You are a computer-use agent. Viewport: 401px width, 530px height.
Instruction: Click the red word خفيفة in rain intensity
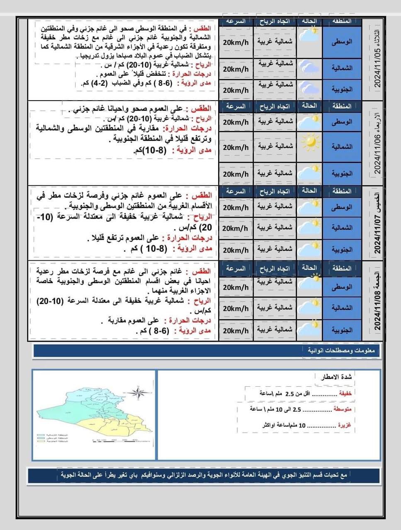[345, 393]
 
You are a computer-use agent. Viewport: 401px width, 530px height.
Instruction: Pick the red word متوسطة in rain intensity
[342, 409]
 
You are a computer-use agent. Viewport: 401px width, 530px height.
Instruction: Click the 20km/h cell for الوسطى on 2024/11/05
[236, 43]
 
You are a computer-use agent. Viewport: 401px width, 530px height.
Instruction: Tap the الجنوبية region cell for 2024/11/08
[342, 330]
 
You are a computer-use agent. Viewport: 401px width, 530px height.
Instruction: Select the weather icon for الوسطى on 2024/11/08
[309, 282]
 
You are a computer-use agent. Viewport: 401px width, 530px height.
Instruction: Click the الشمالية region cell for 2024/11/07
[342, 228]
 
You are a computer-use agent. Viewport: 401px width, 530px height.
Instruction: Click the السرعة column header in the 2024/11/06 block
[236, 106]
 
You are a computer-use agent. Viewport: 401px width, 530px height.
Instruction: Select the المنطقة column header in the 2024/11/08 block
[342, 268]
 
